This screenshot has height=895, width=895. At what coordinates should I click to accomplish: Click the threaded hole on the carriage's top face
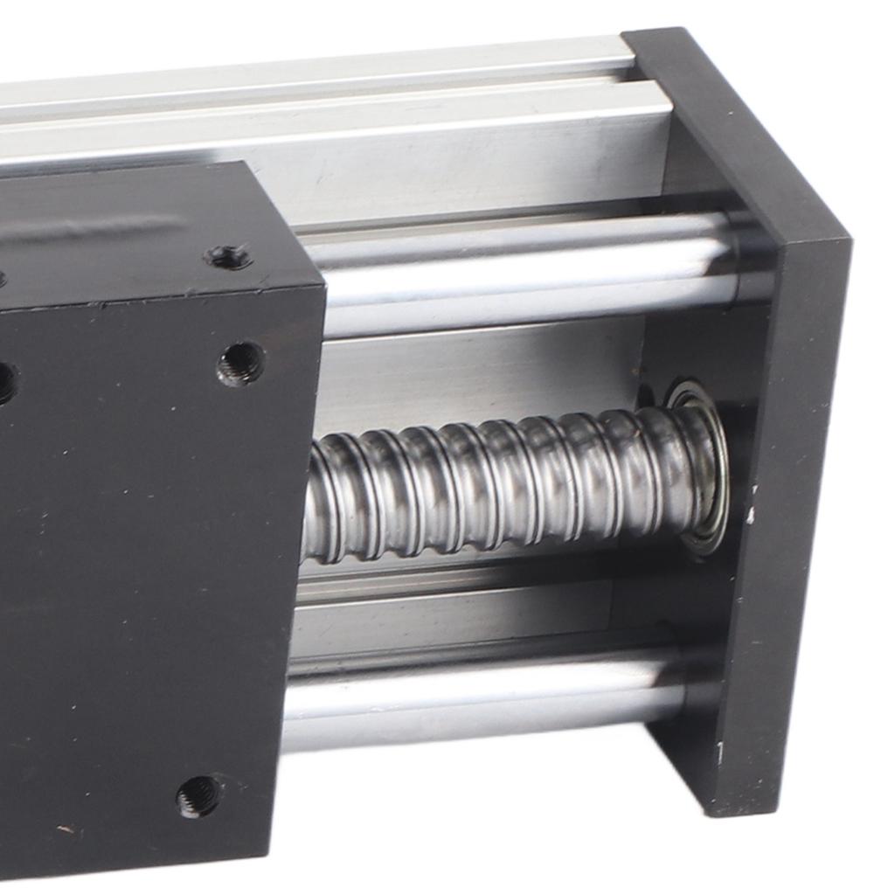229,256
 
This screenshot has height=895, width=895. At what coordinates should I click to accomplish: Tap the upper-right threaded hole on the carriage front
240,363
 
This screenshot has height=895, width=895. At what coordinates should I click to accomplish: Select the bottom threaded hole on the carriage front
198,795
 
